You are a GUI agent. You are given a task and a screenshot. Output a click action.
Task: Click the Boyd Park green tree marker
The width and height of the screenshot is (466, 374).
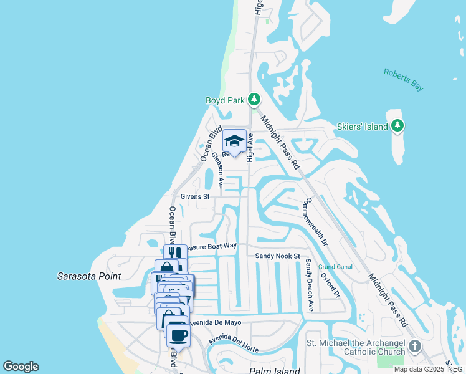pyautogui.click(x=254, y=99)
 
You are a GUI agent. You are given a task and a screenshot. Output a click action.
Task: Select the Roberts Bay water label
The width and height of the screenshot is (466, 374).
pyautogui.click(x=404, y=80)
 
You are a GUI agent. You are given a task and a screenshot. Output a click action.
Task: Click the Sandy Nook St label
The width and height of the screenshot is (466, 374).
pyautogui.click(x=277, y=256)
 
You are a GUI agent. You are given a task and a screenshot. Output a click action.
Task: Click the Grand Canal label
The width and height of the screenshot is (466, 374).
pyautogui.click(x=335, y=267)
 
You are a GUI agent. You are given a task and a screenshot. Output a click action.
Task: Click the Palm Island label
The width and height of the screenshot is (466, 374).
pyautogui.click(x=275, y=371)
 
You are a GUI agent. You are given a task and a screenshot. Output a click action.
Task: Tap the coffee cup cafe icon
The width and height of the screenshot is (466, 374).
pyautogui.click(x=179, y=335)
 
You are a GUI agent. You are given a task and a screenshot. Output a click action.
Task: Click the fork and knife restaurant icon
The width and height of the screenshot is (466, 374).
pyautogui.click(x=175, y=252)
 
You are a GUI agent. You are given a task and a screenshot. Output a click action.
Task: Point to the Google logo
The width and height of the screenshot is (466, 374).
pyautogui.click(x=21, y=367)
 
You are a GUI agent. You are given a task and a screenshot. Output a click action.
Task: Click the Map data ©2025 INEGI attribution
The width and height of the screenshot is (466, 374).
pyautogui.click(x=429, y=369)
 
